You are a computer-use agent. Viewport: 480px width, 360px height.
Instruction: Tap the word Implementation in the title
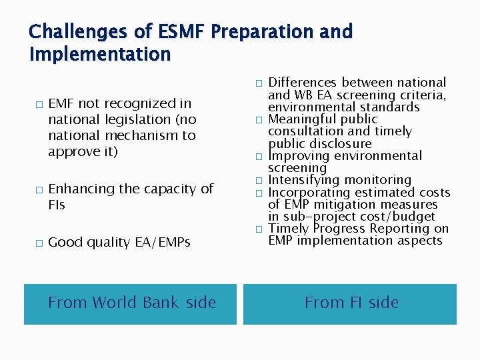[100, 54]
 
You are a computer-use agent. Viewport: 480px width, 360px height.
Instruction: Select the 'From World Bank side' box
[131, 303]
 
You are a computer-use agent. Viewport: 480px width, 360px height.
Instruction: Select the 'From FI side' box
[351, 303]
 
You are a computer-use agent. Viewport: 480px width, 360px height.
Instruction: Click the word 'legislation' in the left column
[138, 119]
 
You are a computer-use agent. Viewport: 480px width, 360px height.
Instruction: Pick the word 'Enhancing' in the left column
[81, 189]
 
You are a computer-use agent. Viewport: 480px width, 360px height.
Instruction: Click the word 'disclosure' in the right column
[339, 144]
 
